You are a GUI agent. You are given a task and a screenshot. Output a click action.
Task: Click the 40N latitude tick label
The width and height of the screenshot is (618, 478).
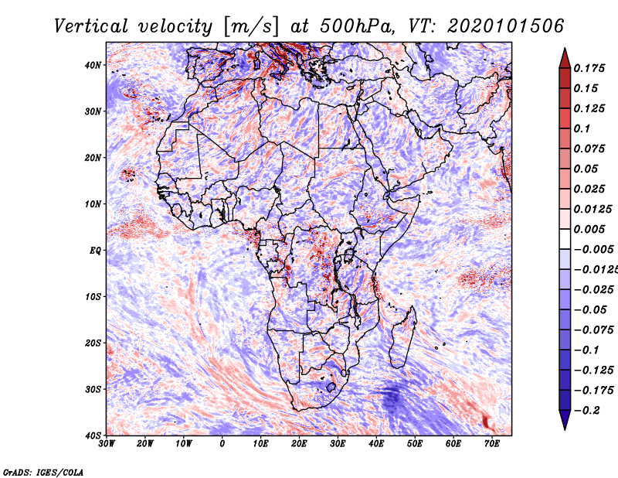[x=93, y=65]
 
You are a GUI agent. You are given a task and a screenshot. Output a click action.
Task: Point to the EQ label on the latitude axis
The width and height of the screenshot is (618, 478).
[x=95, y=251]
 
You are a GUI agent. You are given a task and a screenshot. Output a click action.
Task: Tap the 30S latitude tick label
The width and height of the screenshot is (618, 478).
[x=93, y=390]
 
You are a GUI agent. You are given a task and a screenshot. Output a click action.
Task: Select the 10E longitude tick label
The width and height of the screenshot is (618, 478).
[x=260, y=444]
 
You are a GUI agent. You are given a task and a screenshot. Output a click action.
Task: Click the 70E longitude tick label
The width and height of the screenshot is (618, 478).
[x=492, y=444]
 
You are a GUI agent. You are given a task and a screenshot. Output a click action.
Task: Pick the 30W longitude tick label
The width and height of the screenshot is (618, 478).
[x=107, y=444]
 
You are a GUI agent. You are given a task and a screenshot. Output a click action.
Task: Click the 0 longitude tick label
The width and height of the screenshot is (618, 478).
[x=222, y=444]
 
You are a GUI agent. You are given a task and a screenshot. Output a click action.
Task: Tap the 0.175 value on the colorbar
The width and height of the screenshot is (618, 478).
[x=589, y=68]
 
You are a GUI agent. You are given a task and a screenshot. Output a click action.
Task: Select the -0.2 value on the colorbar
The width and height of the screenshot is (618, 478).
[x=586, y=411]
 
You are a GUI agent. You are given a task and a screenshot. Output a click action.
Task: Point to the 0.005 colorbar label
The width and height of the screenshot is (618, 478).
[x=589, y=229]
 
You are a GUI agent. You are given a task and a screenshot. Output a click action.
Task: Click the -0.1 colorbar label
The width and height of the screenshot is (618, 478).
[x=586, y=350]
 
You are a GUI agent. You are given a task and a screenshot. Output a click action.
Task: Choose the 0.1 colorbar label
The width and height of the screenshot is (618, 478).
[x=582, y=128]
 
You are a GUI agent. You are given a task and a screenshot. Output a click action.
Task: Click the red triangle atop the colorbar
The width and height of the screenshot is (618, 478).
[x=565, y=59]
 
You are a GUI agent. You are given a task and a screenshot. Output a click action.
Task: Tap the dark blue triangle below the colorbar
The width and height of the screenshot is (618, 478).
[x=565, y=419]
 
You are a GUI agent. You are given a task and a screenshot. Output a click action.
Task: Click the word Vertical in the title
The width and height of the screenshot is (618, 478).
[x=91, y=26]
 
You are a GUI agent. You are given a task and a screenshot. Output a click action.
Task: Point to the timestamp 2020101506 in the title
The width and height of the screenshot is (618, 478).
[x=506, y=26]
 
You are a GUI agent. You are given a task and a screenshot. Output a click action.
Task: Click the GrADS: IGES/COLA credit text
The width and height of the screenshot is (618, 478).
[x=43, y=473]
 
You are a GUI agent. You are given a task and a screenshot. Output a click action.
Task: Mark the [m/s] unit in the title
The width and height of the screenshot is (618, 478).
[x=251, y=27]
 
